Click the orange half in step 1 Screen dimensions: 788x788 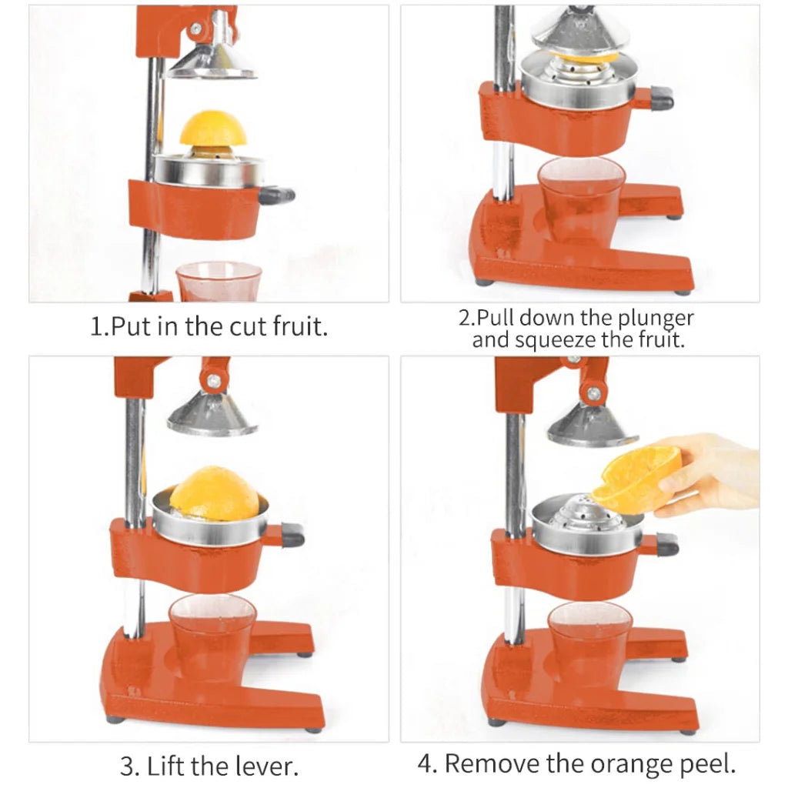tap(214, 129)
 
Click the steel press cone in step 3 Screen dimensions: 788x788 tap(212, 416)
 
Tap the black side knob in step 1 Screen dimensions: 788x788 tap(277, 195)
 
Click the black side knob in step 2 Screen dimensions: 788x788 tap(660, 98)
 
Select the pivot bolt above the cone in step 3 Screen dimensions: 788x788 tap(214, 381)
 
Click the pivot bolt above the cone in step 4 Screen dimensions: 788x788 tap(593, 394)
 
